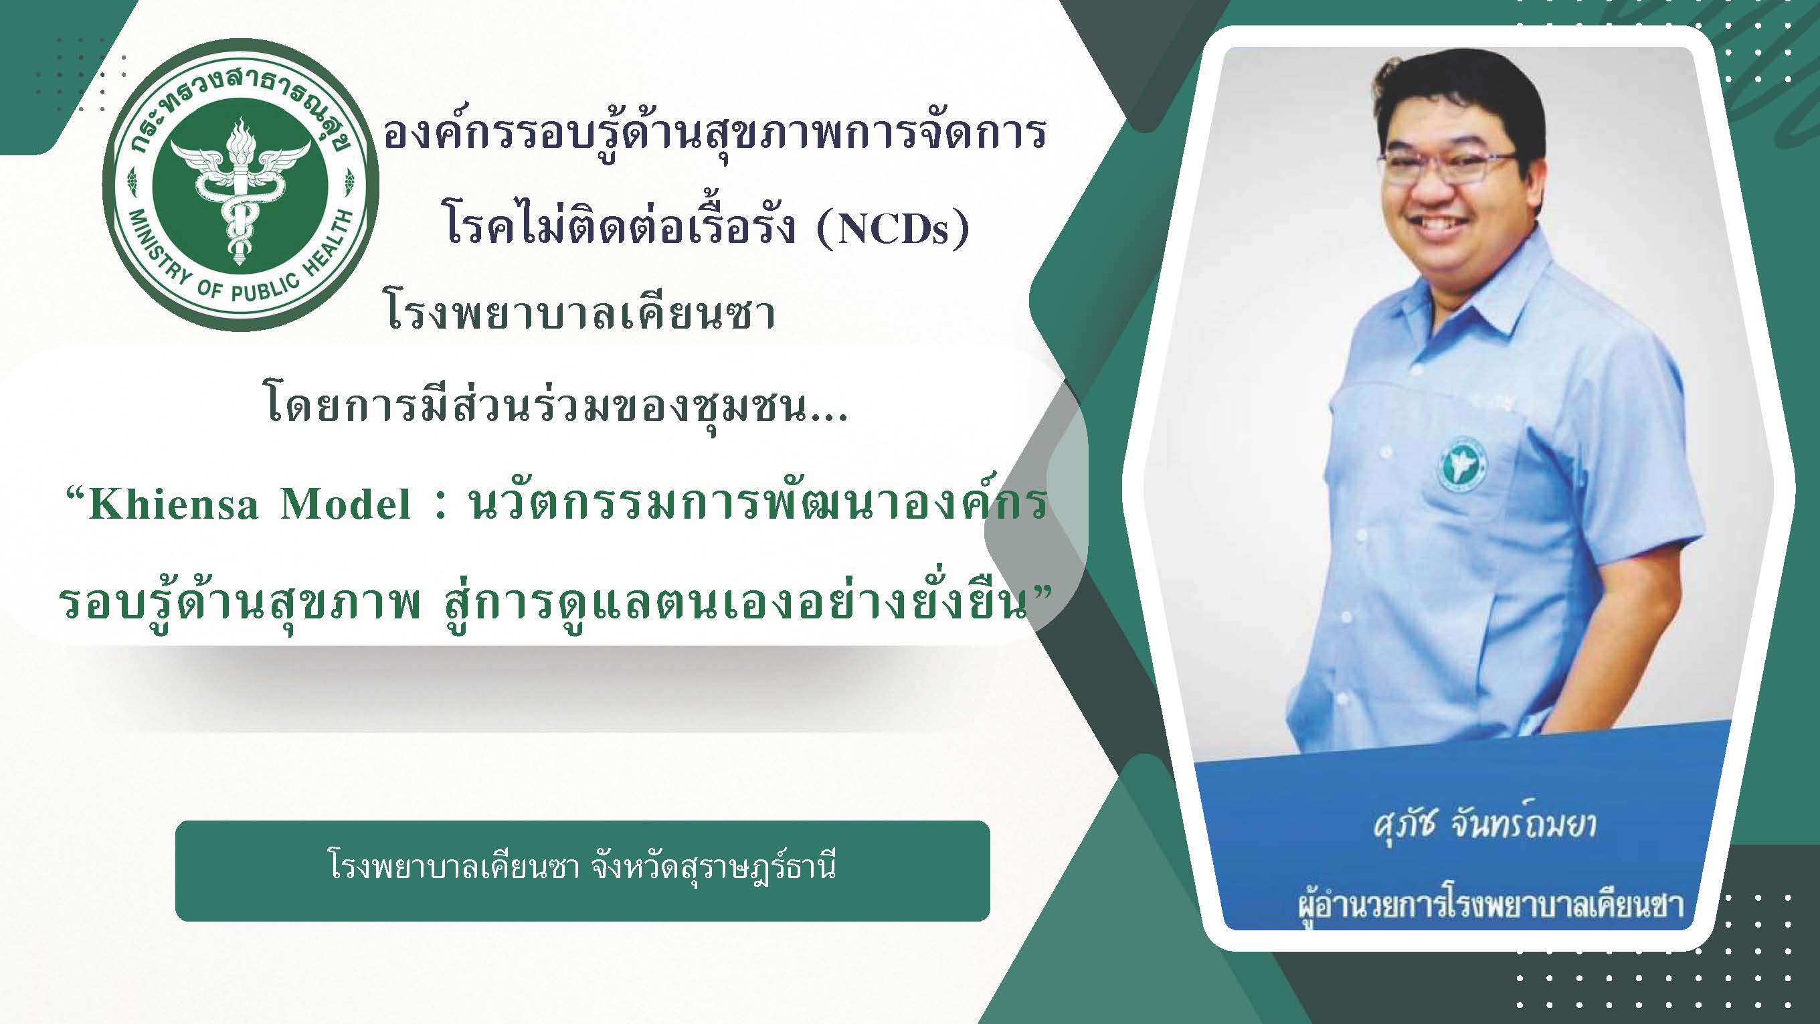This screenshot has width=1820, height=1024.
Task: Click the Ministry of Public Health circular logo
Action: coord(240,185)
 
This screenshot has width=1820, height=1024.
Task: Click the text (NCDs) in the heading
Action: coord(893,228)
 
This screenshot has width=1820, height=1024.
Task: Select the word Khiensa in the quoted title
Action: coord(173,504)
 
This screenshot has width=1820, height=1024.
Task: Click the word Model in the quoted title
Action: coord(345,504)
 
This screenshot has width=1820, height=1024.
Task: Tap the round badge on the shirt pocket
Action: coord(1462,464)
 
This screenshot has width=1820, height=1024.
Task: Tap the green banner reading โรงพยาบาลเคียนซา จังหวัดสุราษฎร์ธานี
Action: coord(582,871)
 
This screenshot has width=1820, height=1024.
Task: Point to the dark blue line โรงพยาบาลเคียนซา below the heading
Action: coord(581,313)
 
